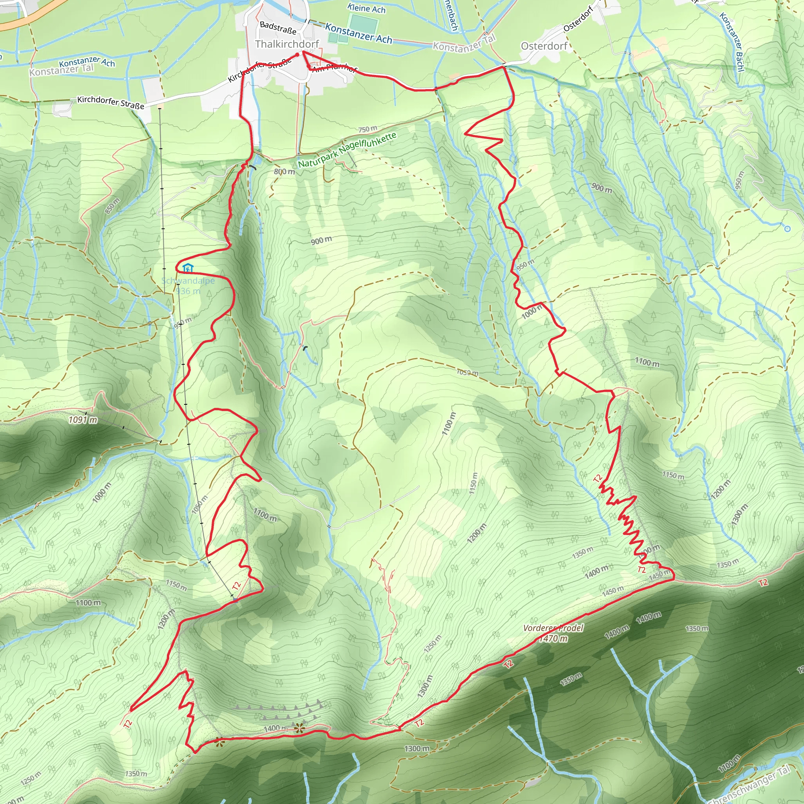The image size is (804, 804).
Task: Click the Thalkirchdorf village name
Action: pyautogui.click(x=287, y=44)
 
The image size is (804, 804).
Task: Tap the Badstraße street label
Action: pyautogui.click(x=278, y=28)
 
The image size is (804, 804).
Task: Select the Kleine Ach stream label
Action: pyautogui.click(x=366, y=8)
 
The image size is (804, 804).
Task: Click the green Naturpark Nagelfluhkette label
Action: pyautogui.click(x=347, y=150)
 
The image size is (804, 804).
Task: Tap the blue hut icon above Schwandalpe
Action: pyautogui.click(x=188, y=268)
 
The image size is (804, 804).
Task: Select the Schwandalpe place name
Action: pyautogui.click(x=188, y=280)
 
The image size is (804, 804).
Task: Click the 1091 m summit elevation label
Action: pyautogui.click(x=83, y=420)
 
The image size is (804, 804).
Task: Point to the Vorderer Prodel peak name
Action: pyautogui.click(x=553, y=628)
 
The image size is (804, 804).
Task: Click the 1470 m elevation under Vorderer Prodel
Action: pyautogui.click(x=553, y=638)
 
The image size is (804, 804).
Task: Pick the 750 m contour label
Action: pyautogui.click(x=367, y=129)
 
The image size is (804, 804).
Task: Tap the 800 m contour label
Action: pyautogui.click(x=284, y=172)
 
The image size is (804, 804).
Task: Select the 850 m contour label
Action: pyautogui.click(x=112, y=206)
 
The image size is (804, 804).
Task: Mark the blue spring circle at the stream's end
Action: pyautogui.click(x=787, y=228)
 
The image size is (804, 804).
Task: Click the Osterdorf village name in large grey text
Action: pyautogui.click(x=544, y=46)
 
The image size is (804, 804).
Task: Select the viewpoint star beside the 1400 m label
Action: pyautogui.click(x=299, y=728)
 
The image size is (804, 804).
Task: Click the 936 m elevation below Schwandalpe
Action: pyautogui.click(x=188, y=291)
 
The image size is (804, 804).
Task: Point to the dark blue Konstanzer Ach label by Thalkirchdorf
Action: pyautogui.click(x=358, y=33)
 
